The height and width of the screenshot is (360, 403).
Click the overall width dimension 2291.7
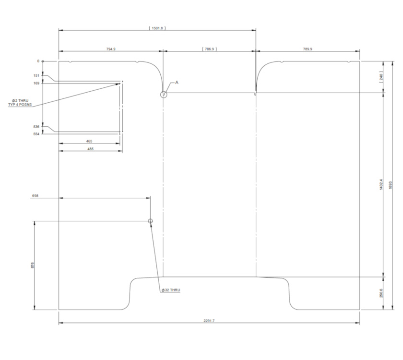(x=209, y=320)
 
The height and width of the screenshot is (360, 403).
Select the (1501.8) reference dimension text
(x=157, y=28)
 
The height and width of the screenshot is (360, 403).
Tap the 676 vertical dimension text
(x=32, y=265)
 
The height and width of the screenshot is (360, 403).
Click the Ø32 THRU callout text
(x=171, y=290)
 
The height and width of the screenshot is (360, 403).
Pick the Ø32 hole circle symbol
(x=151, y=221)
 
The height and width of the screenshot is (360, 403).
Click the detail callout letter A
(x=177, y=83)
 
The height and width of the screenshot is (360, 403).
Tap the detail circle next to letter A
(x=164, y=94)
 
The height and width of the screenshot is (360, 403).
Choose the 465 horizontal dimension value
(x=89, y=141)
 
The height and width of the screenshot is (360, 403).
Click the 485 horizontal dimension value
(x=89, y=149)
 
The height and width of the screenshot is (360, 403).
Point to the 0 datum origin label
(x=37, y=61)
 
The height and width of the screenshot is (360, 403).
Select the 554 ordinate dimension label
(x=36, y=134)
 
